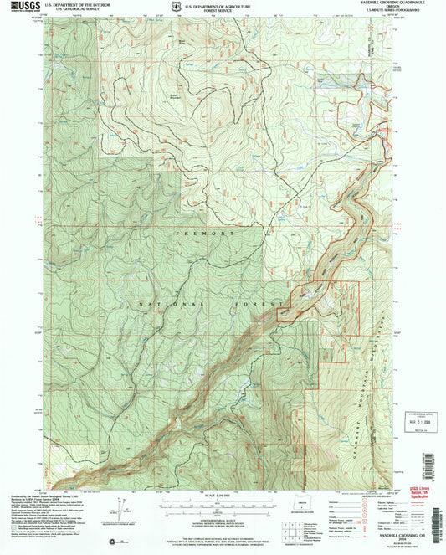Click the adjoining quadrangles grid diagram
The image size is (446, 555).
[292, 530]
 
